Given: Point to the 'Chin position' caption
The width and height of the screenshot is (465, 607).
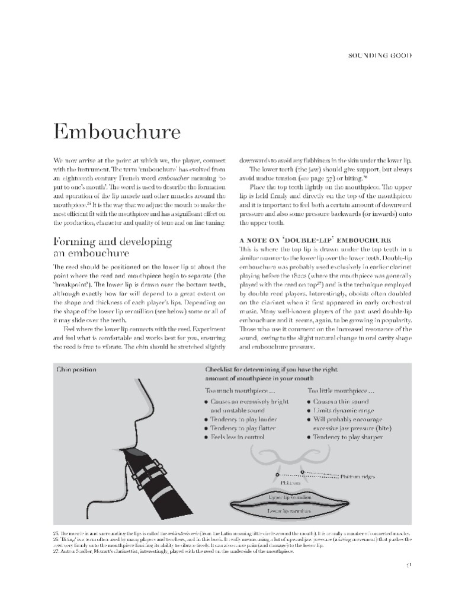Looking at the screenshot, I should [76, 369].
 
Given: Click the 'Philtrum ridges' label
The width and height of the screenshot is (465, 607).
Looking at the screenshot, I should [358, 476].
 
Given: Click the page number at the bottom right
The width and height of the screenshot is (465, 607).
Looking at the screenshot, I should [409, 564].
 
